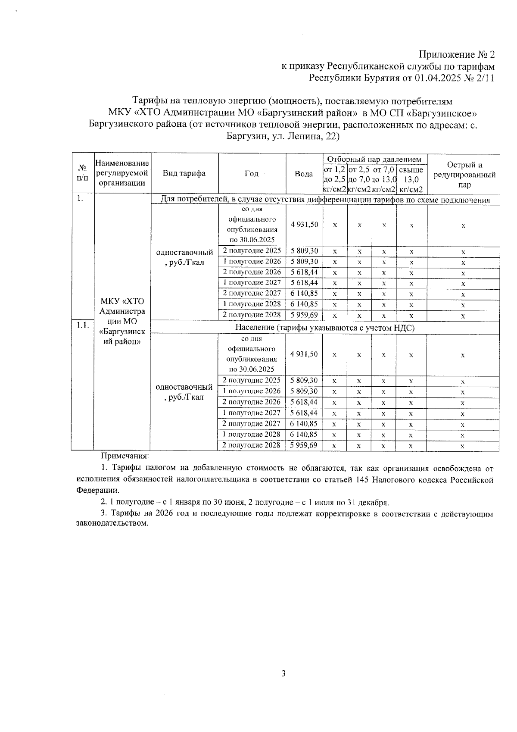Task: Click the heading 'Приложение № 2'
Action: point(457,55)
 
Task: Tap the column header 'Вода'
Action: point(304,174)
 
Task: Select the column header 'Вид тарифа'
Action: point(184,173)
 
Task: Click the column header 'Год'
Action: point(251,173)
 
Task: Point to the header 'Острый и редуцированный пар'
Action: point(464,175)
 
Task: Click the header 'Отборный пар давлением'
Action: point(374,159)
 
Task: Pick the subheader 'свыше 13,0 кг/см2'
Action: point(411,179)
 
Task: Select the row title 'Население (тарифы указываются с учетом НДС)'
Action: point(324,328)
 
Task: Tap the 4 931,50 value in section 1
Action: point(304,225)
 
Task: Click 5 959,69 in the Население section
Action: point(304,445)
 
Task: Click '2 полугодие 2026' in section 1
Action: point(251,272)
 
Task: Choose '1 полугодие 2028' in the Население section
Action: point(251,434)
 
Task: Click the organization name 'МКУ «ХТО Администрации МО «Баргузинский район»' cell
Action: point(122,321)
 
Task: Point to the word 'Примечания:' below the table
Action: point(125,455)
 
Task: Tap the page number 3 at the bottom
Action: point(283,674)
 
